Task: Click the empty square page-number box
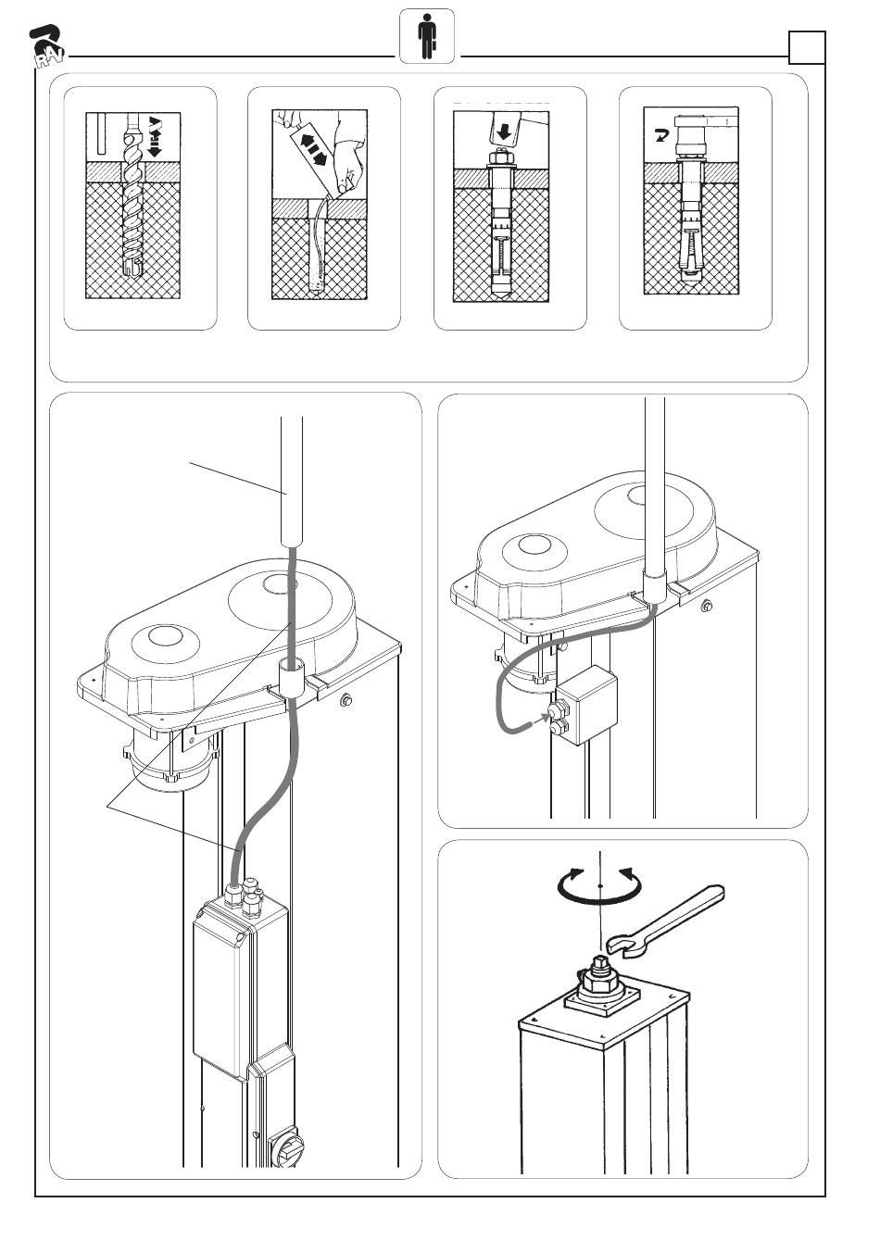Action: coord(806,46)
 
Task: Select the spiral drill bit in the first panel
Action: coord(132,213)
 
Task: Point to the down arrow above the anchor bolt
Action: coord(503,133)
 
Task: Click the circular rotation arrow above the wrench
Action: coord(600,886)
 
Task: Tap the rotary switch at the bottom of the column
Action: coord(283,1151)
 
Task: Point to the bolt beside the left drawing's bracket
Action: coord(347,699)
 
